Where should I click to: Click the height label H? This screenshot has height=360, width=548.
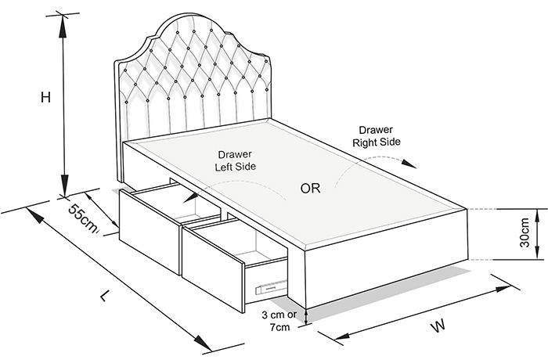coord(45,97)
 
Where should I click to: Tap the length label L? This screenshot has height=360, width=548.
coord(105,296)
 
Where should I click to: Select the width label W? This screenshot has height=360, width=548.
coord(438,326)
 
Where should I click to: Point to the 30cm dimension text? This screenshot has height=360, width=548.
coord(525,232)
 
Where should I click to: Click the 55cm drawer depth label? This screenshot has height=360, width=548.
coord(82,219)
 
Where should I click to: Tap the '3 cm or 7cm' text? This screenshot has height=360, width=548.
coord(279,321)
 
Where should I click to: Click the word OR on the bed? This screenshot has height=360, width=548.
coord(310,189)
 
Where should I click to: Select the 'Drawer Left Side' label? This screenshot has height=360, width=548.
coord(235,160)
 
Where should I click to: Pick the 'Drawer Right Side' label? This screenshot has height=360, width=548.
coord(376,136)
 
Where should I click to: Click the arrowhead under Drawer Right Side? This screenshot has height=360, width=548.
coord(409,164)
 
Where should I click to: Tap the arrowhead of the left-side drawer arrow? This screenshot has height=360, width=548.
coord(189,197)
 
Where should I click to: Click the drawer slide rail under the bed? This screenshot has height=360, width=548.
coord(272,286)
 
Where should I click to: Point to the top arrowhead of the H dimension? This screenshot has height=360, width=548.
coord(63,26)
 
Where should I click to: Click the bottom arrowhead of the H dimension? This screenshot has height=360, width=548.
coord(64,185)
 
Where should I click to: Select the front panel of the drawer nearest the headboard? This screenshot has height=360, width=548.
coord(150,232)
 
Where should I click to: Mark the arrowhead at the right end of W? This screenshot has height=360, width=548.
coord(506,289)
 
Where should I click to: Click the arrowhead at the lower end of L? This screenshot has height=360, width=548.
coord(203,342)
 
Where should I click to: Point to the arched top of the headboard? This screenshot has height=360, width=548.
coord(193,16)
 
